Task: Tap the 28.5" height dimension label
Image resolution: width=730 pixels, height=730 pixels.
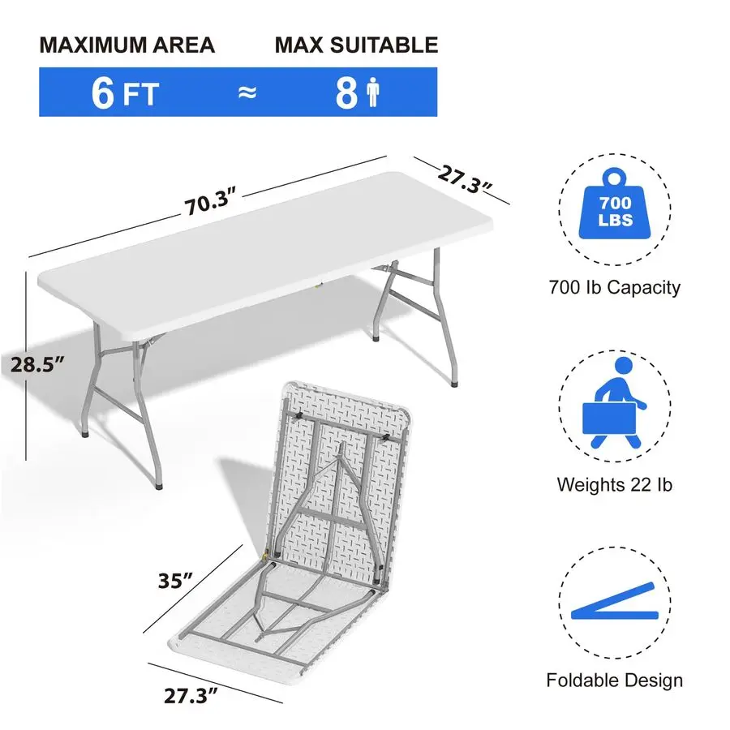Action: (x=38, y=365)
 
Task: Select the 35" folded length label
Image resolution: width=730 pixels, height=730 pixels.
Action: (x=175, y=581)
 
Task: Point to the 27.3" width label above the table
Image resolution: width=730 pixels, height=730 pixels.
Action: (x=466, y=178)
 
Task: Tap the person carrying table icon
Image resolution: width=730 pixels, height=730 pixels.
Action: (x=615, y=403)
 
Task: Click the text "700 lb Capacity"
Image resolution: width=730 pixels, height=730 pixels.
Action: (x=615, y=286)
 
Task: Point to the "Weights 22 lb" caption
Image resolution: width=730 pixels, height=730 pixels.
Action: (x=615, y=485)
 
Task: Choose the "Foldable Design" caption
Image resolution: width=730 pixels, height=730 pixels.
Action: (x=615, y=681)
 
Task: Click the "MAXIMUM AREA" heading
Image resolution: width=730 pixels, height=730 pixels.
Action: (x=127, y=45)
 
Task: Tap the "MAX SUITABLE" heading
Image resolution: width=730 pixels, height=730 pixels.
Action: (x=356, y=45)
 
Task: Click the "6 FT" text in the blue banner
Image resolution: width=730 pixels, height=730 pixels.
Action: (x=125, y=92)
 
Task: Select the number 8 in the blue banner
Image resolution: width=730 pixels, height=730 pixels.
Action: (x=346, y=93)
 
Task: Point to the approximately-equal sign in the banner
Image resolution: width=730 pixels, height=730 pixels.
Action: (x=247, y=92)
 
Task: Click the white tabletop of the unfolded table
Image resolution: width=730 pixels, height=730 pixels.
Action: (x=268, y=251)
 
